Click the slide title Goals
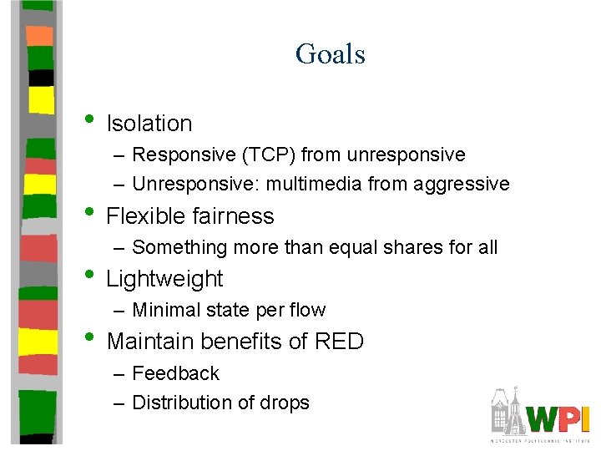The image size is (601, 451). point(330,54)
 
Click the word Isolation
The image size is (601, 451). point(149,124)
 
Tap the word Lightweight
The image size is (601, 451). point(164,279)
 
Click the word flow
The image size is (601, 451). point(307,311)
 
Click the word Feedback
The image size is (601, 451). point(175,373)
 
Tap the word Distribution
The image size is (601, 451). point(181,403)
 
